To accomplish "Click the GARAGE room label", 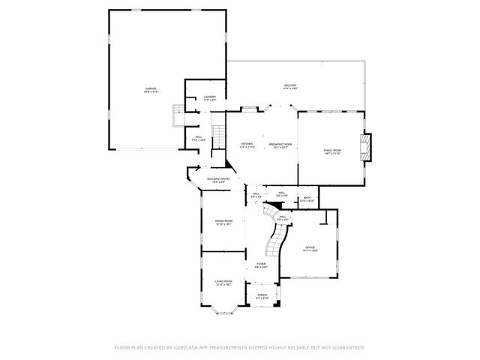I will click(151, 90).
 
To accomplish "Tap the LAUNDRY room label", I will click(210, 97).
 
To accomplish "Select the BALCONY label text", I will click(290, 86).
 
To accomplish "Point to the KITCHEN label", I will click(247, 145).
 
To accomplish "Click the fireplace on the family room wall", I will click(366, 147).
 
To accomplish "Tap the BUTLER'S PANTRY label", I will click(217, 180).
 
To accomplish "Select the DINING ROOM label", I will click(223, 222).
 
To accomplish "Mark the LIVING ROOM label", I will click(223, 283).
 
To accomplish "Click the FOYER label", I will click(260, 265).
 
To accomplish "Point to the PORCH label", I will click(262, 295).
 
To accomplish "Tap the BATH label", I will click(307, 199).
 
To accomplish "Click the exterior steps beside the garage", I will click(178, 114).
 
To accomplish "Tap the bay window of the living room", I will click(224, 305).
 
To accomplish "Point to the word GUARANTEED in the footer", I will click(345, 347).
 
